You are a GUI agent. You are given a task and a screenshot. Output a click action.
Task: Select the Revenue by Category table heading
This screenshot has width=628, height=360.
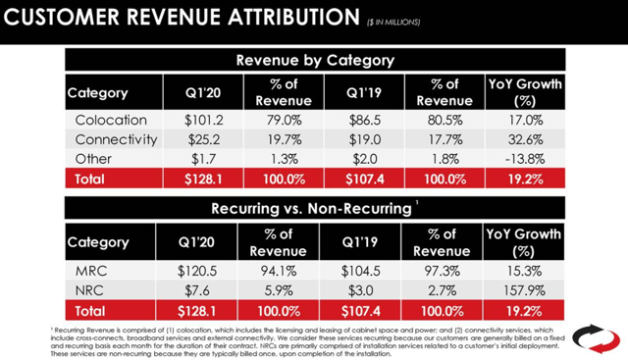pos(315,61)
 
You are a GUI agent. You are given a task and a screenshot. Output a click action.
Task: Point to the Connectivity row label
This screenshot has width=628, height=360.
pos(116,139)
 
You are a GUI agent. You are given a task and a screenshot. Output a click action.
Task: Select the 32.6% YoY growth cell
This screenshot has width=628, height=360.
pos(524,139)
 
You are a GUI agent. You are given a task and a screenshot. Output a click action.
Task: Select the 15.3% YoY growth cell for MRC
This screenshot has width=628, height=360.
pos(524,268)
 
